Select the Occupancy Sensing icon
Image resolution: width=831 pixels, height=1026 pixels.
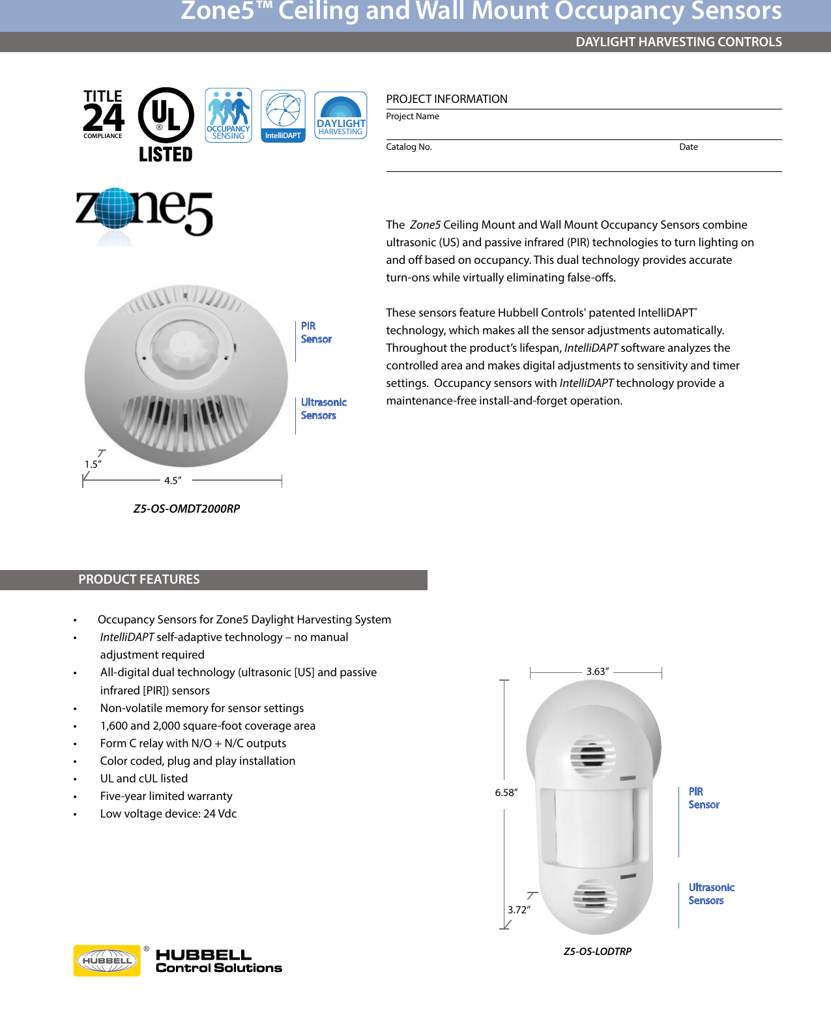coord(228,115)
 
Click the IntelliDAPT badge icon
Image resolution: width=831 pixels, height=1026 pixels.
coord(283,116)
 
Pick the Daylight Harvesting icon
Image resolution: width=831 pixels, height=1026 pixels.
coord(341,115)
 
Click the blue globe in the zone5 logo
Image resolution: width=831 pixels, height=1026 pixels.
coord(114,208)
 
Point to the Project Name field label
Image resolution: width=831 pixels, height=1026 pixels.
coord(413,117)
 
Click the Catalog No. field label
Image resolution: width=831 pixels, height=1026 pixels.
coord(409,147)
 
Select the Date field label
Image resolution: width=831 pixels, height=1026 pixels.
coord(688,147)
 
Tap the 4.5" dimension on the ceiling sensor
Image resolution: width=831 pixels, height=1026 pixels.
coord(173,481)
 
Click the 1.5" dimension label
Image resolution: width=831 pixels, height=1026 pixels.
coord(93,464)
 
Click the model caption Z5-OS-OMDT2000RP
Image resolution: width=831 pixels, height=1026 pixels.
coord(186,509)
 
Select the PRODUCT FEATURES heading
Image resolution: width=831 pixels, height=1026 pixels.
coord(139,580)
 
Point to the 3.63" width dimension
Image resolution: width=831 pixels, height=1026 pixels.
coord(597,672)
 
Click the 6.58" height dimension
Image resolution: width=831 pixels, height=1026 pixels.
coord(506,793)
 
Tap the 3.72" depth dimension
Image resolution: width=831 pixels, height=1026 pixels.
coord(519,910)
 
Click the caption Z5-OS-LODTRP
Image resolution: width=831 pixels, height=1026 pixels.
coord(597,952)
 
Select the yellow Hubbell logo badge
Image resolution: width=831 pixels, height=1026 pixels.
coord(107,961)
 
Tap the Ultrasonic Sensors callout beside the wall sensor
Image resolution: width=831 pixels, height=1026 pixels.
coord(710,894)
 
